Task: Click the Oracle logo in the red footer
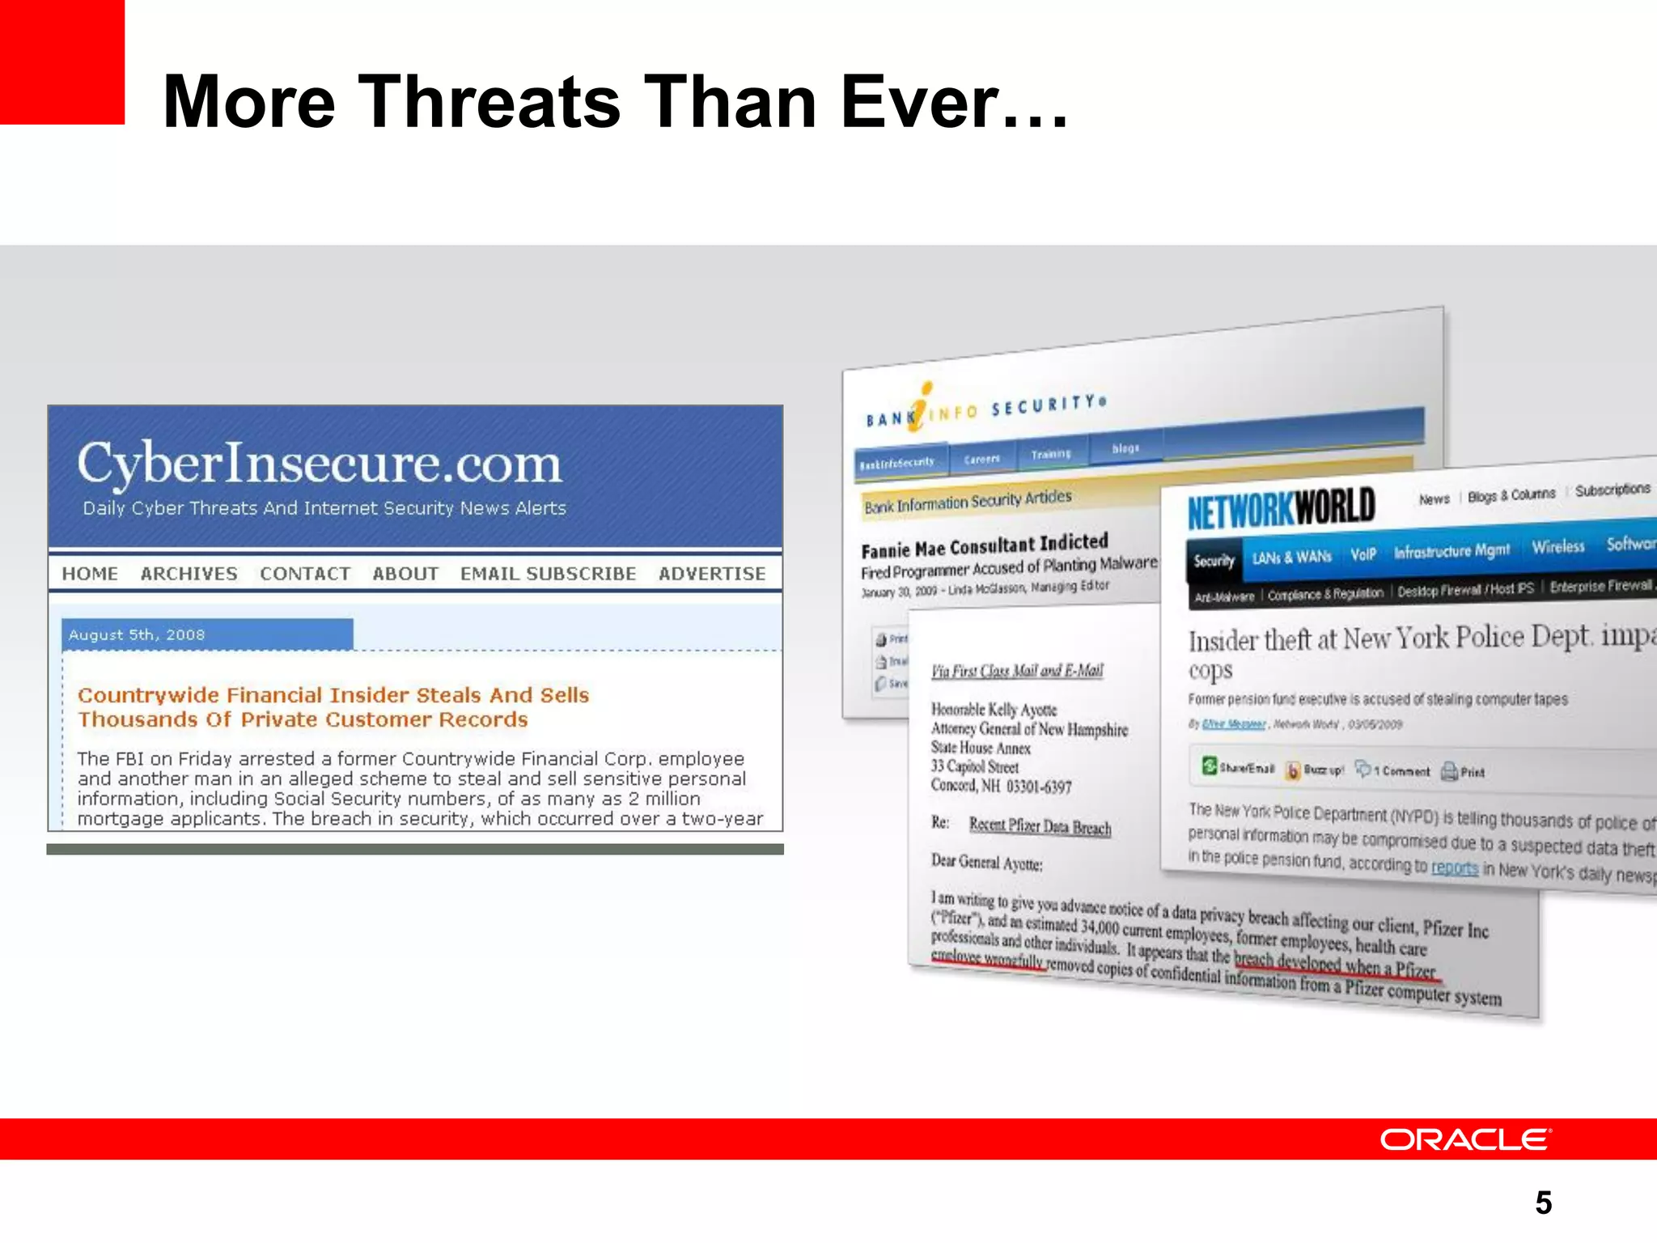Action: point(1464,1139)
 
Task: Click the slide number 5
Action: point(1543,1203)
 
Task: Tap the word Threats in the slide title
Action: point(489,102)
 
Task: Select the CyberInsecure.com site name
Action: point(319,464)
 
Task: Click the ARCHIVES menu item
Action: point(189,574)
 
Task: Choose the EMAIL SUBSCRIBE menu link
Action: point(548,574)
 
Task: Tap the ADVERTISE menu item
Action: point(711,574)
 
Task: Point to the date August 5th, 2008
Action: point(137,635)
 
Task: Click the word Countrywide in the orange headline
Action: point(148,695)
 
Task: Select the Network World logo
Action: point(1281,508)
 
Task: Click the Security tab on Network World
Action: point(1214,560)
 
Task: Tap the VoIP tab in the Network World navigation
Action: point(1362,554)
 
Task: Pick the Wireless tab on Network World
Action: point(1557,547)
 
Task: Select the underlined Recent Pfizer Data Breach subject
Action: point(1040,826)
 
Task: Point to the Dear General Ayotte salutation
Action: point(986,863)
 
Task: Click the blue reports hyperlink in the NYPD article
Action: point(1454,868)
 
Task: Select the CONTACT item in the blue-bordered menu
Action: point(305,574)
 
